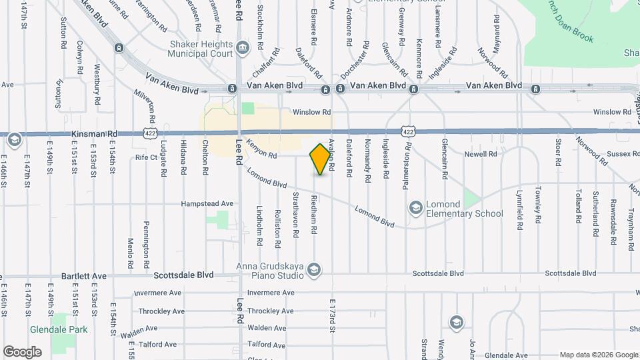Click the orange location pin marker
tap(321, 159)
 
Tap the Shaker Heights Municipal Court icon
tap(242, 47)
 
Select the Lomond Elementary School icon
tap(416, 208)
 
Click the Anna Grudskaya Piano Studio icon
tap(314, 269)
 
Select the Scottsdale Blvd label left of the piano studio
tap(183, 275)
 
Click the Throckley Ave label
tap(162, 311)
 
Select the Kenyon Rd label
tap(261, 150)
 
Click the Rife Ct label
tap(146, 157)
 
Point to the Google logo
tap(22, 351)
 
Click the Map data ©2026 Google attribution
tap(598, 355)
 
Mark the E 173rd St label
tap(331, 316)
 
